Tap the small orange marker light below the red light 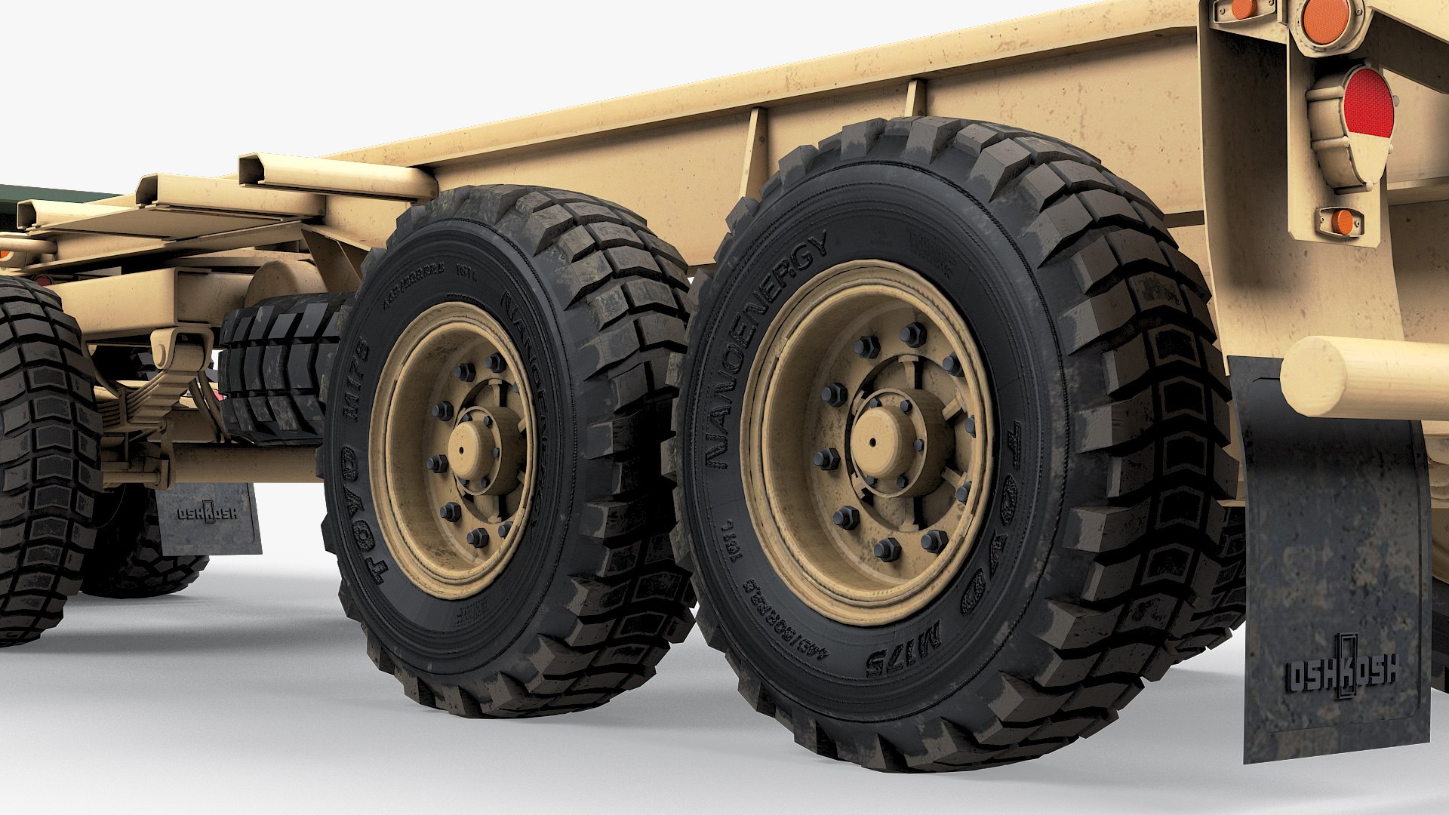coord(1341,222)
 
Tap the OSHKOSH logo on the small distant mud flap coord(207,513)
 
